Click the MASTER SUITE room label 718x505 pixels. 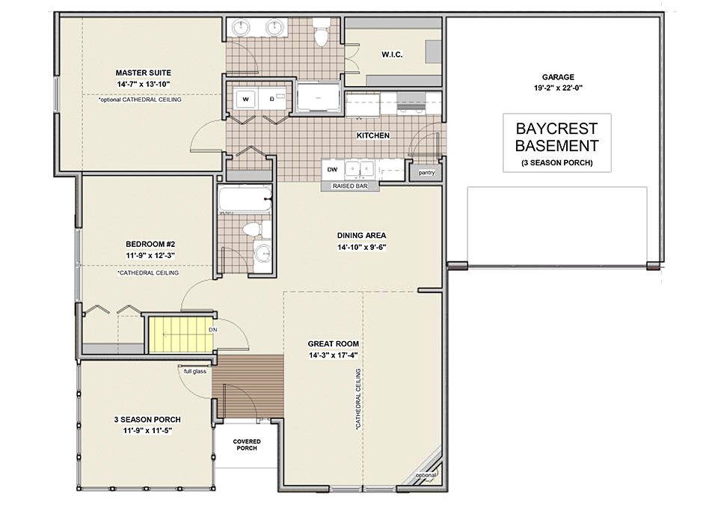[144, 73]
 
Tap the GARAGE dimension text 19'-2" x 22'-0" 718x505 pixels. [558, 88]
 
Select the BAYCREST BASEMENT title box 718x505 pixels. [556, 142]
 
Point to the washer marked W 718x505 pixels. [246, 99]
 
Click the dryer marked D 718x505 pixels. [272, 99]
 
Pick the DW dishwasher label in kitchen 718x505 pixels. [332, 170]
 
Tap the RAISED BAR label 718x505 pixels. [350, 186]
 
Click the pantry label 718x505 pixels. [426, 173]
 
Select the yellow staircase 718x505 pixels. [181, 335]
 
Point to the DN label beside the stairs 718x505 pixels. [213, 329]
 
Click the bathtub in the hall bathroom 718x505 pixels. [245, 199]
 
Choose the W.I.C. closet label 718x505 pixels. [392, 55]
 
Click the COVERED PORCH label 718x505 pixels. [247, 444]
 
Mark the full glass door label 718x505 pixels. [195, 371]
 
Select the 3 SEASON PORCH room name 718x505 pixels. [147, 419]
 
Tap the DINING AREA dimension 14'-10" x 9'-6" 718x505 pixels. [362, 248]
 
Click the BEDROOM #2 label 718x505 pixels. [150, 244]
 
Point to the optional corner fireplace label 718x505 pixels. [426, 476]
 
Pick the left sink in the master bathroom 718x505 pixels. [240, 28]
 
